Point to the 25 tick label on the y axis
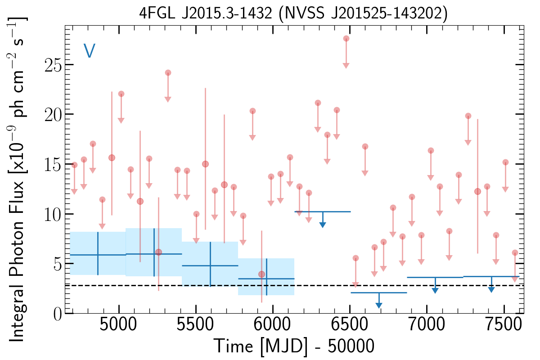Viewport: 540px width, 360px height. point(53,65)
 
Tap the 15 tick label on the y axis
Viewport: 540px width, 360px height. point(53,164)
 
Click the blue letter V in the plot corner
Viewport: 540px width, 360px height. point(89,51)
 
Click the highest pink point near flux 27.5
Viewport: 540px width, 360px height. point(346,39)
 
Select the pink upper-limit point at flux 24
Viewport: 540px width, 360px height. point(168,73)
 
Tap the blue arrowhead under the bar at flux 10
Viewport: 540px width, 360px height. point(322,224)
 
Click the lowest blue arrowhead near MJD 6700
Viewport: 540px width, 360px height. point(379,305)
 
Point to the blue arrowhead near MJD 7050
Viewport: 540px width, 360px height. point(435,290)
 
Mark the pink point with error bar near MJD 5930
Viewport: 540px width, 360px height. point(261,274)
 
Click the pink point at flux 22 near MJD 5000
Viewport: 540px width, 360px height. point(121,94)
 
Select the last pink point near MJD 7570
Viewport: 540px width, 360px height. point(515,253)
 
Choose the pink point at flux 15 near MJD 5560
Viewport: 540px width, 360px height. point(205,164)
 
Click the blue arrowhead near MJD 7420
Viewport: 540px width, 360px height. point(491,289)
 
